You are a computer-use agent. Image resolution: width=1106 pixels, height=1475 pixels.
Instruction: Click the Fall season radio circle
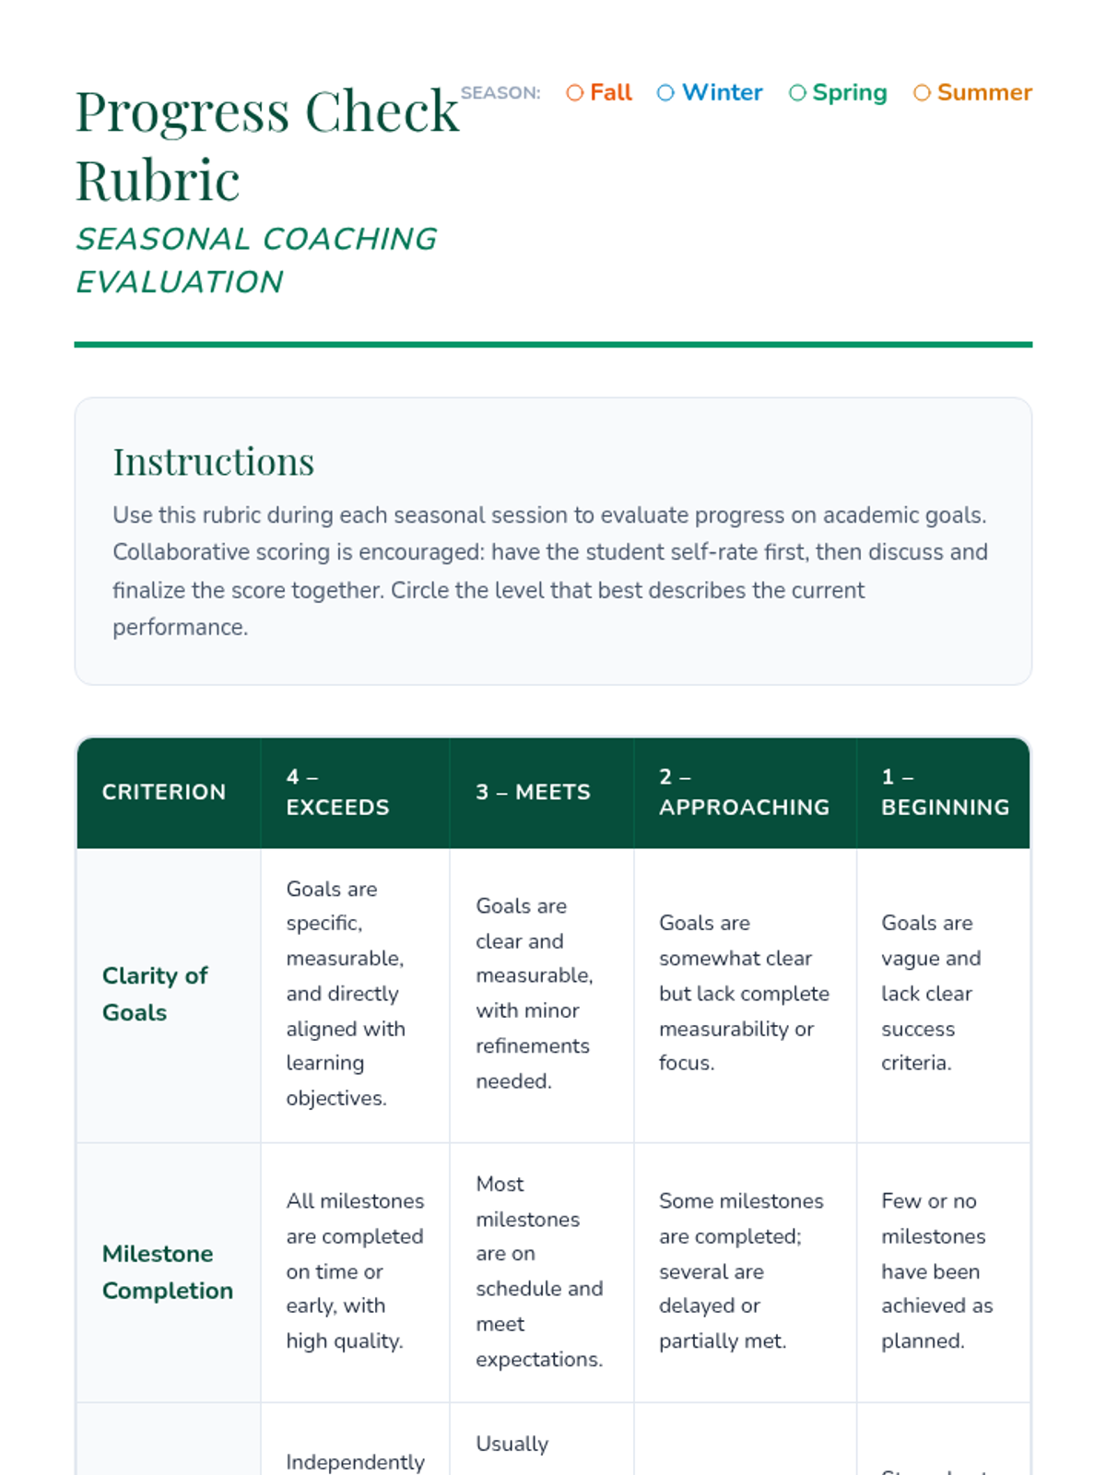click(575, 93)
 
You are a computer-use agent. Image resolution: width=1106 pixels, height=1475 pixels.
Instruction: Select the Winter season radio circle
click(665, 93)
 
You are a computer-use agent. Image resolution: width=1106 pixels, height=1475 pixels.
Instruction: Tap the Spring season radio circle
click(798, 93)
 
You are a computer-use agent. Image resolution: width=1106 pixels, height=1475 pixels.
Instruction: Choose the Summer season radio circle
click(922, 93)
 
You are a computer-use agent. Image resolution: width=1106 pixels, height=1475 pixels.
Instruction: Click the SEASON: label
click(500, 93)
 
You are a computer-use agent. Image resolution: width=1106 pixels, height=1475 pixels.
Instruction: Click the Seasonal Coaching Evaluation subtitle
click(255, 260)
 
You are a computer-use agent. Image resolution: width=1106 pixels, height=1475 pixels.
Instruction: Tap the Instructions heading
click(213, 462)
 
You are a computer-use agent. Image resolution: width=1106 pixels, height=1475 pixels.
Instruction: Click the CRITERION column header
click(164, 792)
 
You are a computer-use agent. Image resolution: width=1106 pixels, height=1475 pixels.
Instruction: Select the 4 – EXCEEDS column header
click(337, 792)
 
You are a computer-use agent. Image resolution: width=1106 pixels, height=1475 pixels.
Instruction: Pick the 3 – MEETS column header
click(533, 792)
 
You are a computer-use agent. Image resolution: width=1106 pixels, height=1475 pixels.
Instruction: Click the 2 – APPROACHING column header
click(744, 792)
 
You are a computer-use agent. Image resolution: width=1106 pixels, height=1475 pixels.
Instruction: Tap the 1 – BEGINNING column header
click(945, 792)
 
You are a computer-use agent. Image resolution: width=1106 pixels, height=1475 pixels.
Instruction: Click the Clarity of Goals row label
click(155, 994)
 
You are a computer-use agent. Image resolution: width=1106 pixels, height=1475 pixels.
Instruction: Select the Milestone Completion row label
click(167, 1272)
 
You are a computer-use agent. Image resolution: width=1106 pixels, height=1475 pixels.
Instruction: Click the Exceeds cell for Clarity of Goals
click(346, 994)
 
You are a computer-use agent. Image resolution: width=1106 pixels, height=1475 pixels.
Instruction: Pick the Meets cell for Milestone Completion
click(539, 1272)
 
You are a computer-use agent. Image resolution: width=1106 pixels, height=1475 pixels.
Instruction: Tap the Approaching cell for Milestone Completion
click(741, 1272)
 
